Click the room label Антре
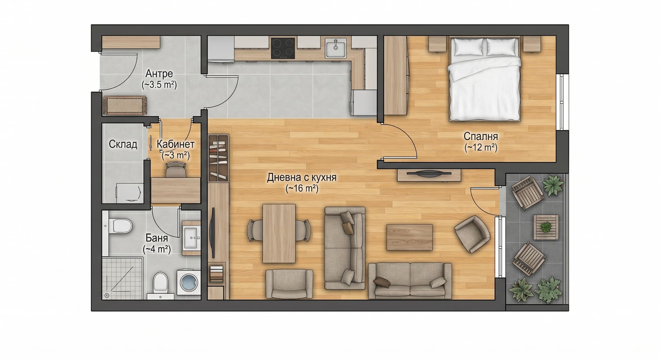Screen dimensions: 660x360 (x=159, y=74)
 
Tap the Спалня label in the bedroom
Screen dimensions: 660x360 (x=481, y=136)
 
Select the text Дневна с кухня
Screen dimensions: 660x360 (x=302, y=177)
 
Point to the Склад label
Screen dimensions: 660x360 (x=123, y=144)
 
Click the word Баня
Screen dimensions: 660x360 (x=157, y=238)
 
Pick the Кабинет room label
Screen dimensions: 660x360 (x=176, y=144)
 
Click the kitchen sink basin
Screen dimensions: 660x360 (x=336, y=48)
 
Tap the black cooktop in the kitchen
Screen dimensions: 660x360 (x=283, y=48)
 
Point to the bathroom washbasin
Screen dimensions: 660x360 (x=191, y=237)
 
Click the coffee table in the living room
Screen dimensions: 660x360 (x=409, y=237)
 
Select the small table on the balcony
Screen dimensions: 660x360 (x=546, y=227)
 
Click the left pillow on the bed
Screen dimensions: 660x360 (x=467, y=47)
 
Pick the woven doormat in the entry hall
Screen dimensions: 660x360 (x=125, y=105)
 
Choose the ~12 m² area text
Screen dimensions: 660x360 (x=481, y=148)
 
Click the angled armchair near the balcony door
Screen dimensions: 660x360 (x=472, y=234)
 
